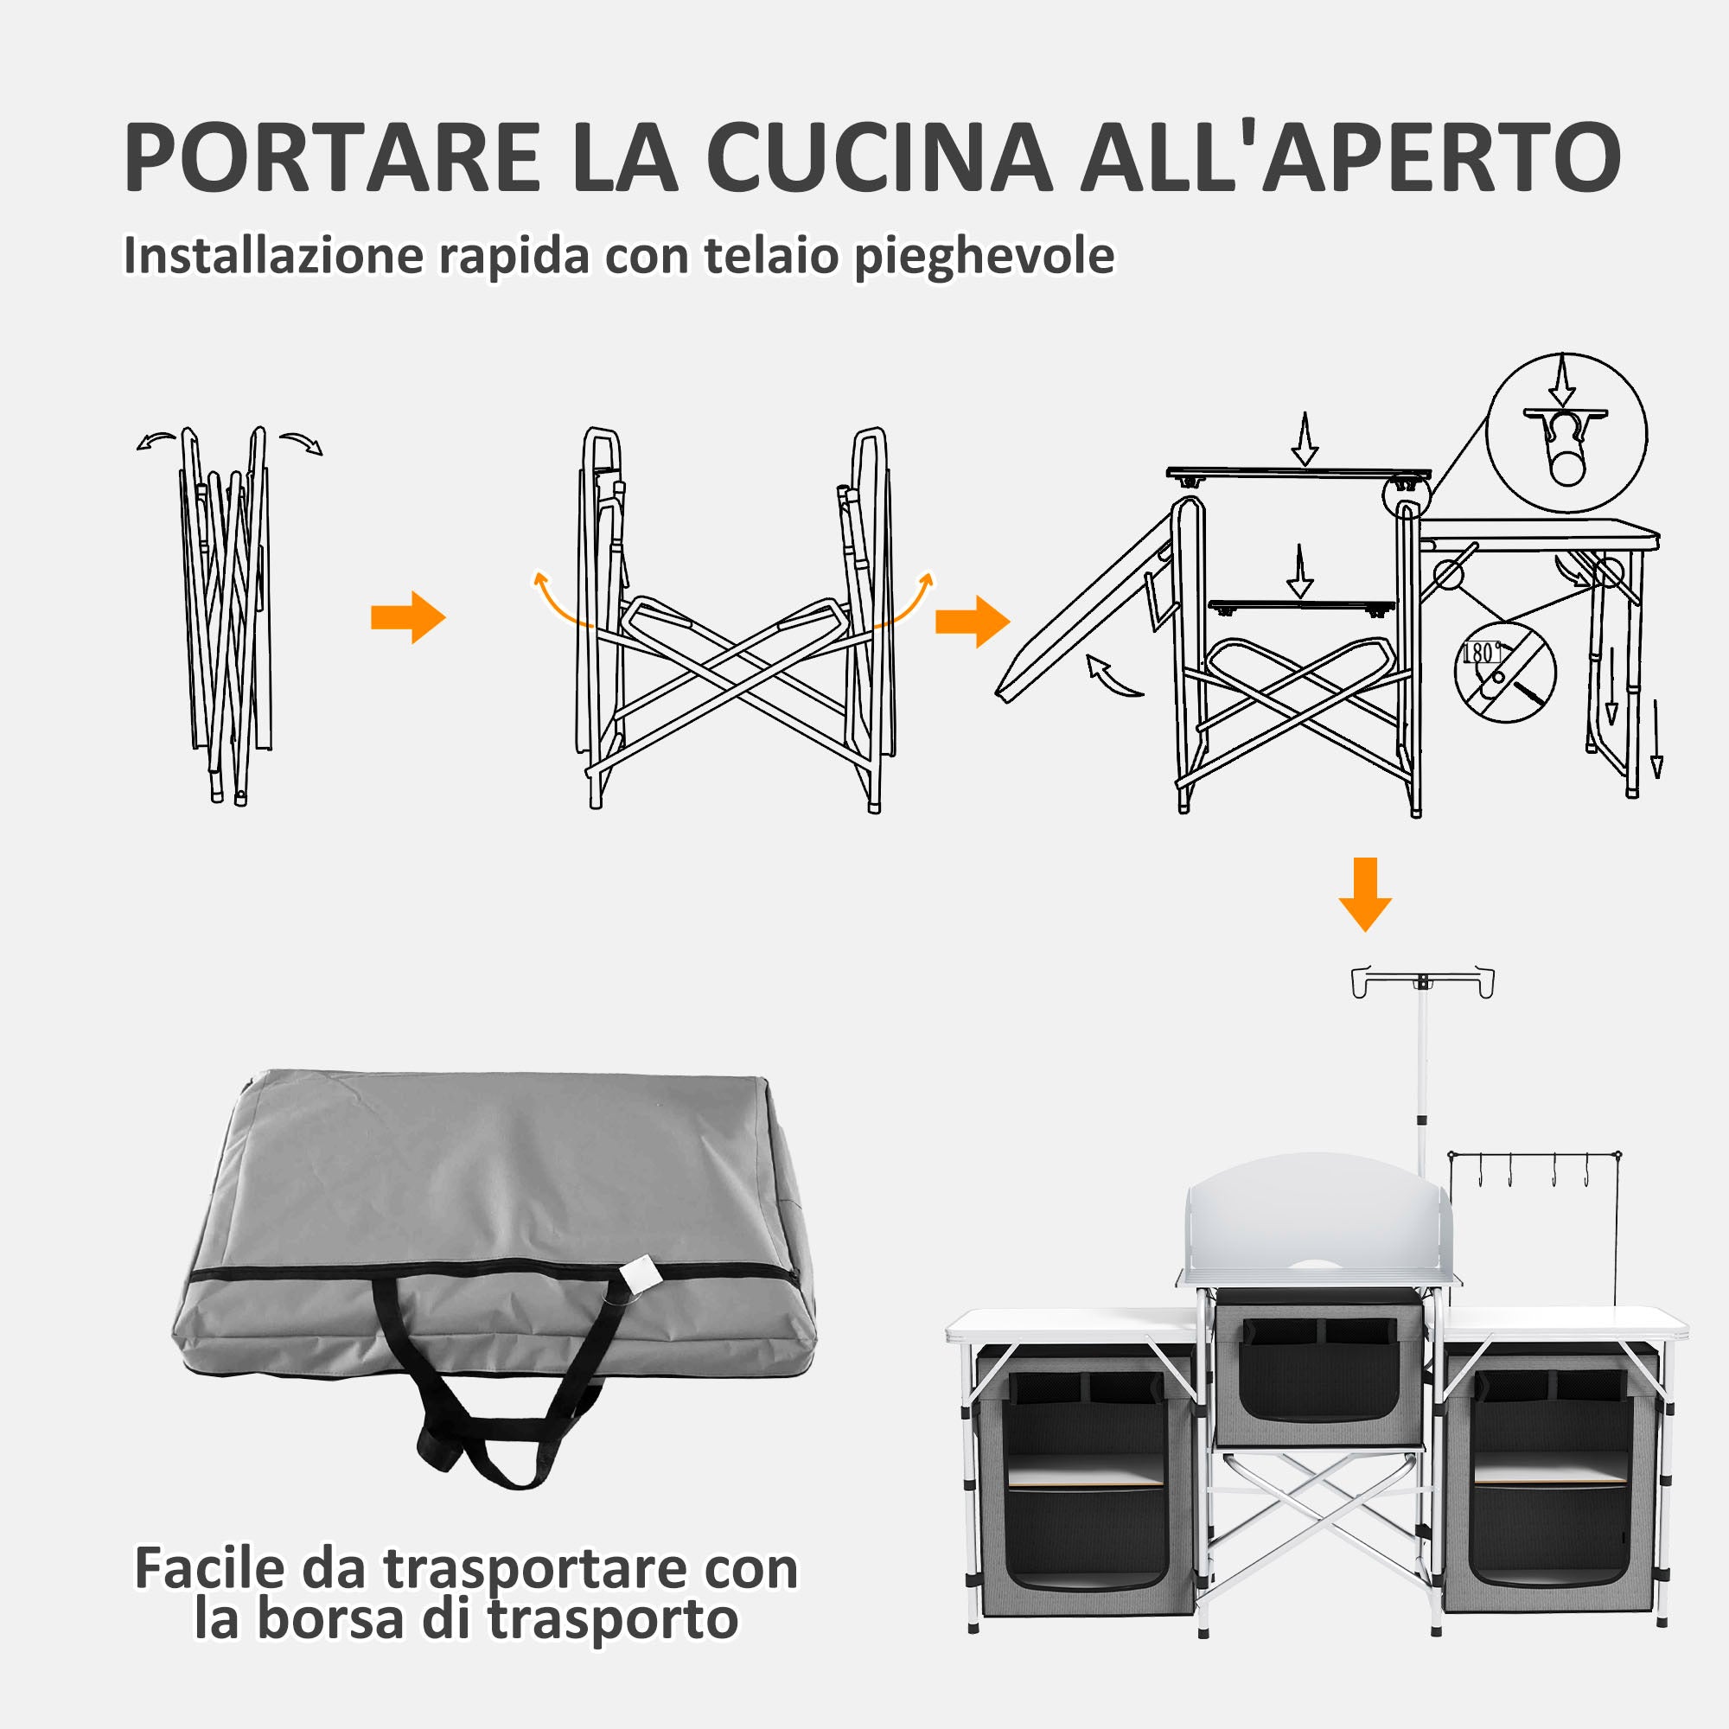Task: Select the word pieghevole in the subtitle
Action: pyautogui.click(x=985, y=255)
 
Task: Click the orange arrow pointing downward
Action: pyautogui.click(x=1365, y=894)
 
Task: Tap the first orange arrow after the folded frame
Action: pyautogui.click(x=408, y=617)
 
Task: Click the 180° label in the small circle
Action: pyautogui.click(x=1481, y=653)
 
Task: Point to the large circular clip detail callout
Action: pyautogui.click(x=1566, y=433)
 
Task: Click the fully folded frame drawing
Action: pyautogui.click(x=227, y=616)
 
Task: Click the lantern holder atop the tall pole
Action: pyautogui.click(x=1422, y=982)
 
